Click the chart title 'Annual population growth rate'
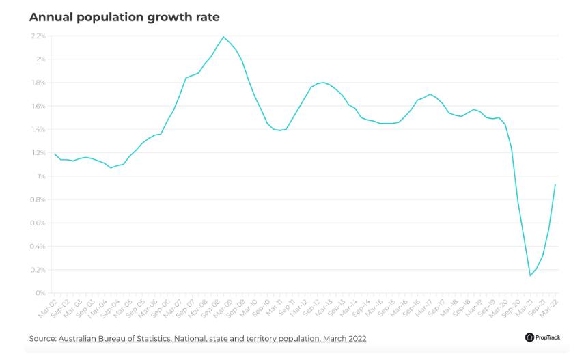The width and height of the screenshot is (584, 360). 124,16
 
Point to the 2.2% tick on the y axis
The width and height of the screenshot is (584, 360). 38,36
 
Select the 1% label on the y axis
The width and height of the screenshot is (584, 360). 41,176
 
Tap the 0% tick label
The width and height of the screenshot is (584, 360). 40,293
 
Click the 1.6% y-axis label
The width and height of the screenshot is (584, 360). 38,106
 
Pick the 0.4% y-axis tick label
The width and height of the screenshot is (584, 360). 38,247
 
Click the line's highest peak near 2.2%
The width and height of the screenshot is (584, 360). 224,37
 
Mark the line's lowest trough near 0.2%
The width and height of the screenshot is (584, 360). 530,275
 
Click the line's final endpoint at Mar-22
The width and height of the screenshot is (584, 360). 555,184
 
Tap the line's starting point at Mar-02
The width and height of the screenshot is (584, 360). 55,154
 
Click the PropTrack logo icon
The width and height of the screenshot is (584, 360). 529,337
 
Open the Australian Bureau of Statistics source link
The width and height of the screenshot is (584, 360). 212,338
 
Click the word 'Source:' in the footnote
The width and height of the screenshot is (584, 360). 42,338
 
